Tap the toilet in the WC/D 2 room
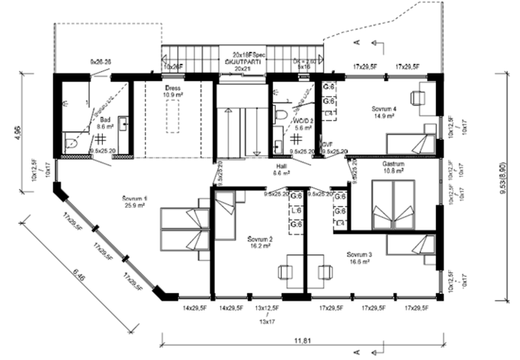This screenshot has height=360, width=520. point(281,115)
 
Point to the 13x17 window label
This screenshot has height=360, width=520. point(267,320)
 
